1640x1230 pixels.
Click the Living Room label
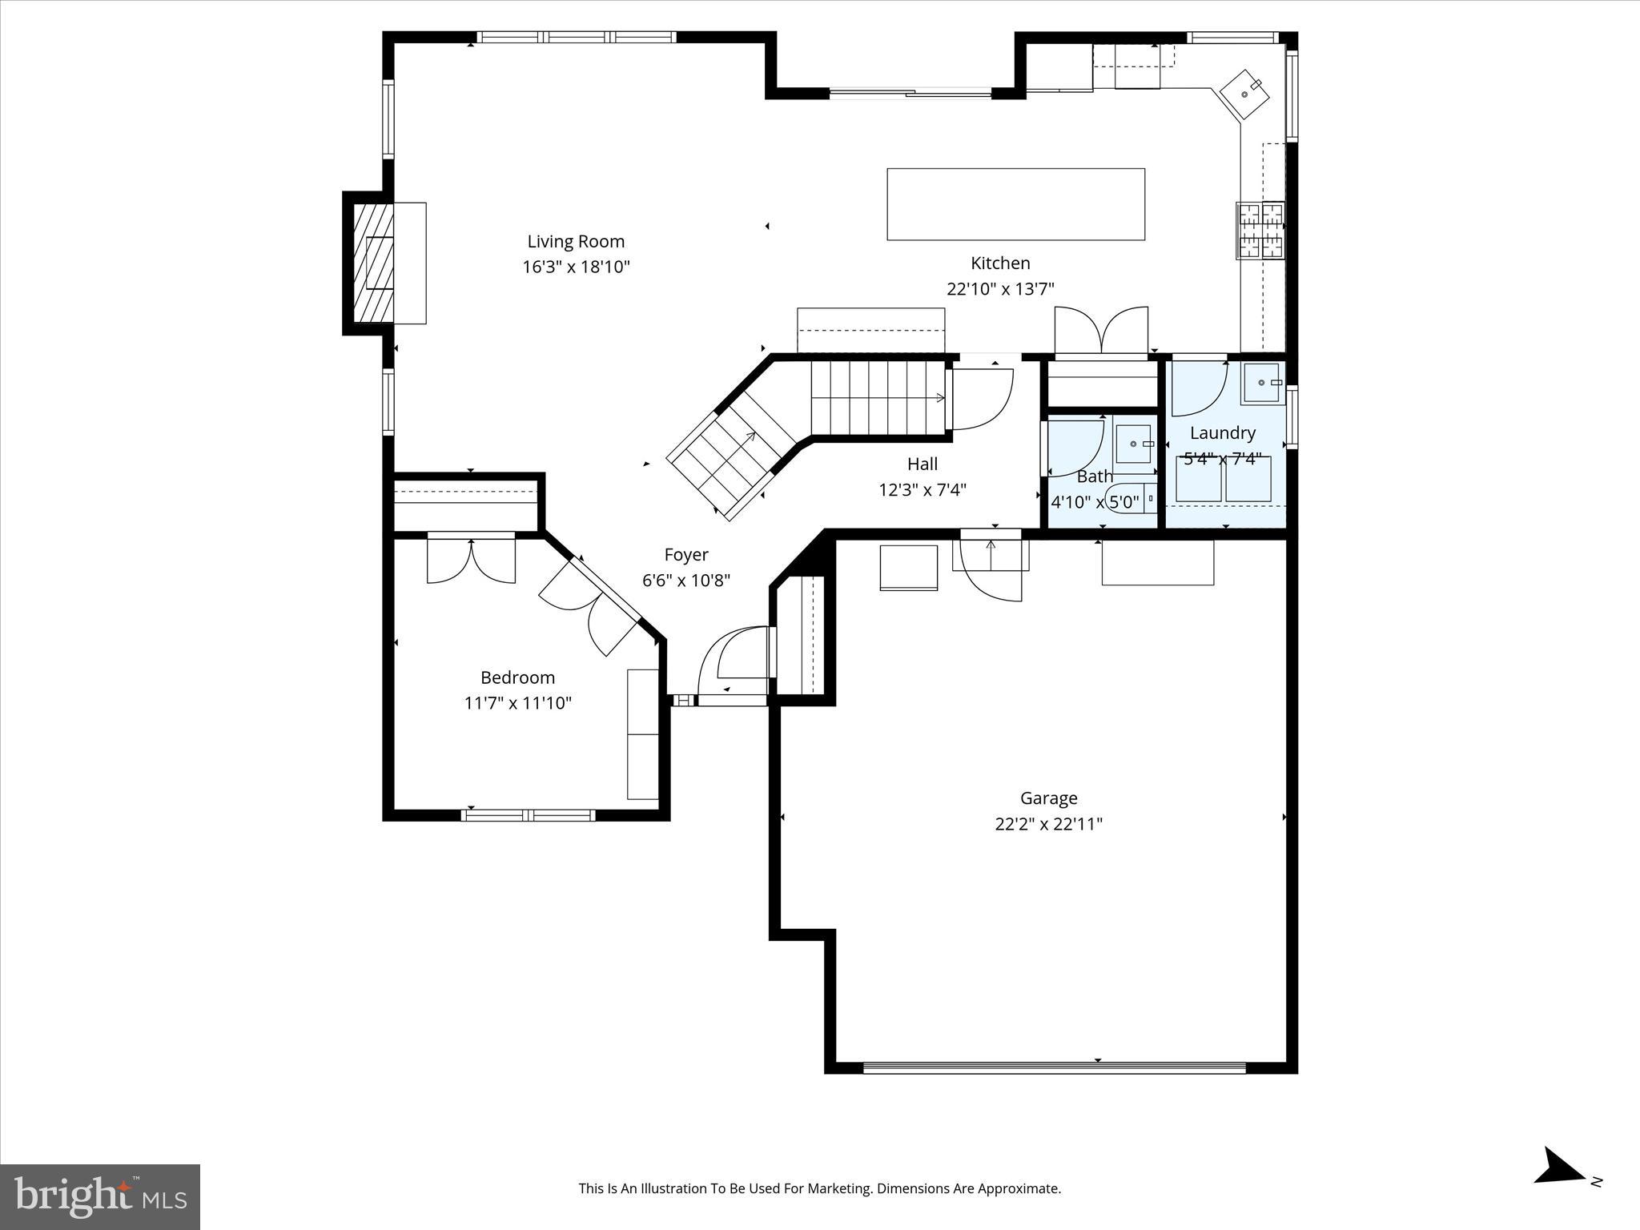575,241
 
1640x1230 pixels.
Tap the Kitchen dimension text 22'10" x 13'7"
1000,289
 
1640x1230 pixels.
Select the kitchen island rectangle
1015,204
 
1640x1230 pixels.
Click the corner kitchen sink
1244,94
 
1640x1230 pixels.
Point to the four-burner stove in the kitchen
1260,231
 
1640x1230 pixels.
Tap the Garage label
1048,798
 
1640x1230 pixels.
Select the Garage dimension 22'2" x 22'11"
1048,824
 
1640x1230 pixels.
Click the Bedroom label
517,677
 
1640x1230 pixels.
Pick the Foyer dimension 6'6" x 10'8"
686,581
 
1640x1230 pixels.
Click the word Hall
922,464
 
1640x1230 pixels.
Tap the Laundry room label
1222,433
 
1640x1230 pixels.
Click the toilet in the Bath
1137,498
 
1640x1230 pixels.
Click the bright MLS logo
100,1196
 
